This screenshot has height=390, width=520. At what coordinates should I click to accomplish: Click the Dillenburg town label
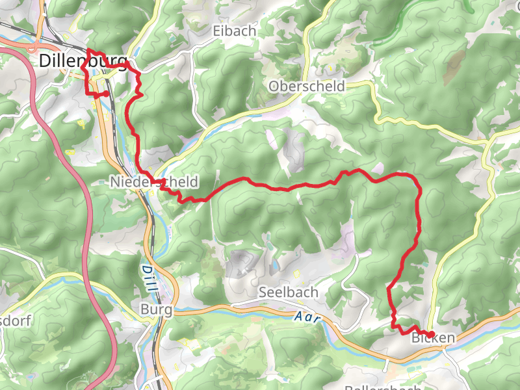[83, 61]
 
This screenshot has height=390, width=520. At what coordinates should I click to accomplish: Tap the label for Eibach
[235, 31]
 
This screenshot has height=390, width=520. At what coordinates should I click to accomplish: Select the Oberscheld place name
[307, 86]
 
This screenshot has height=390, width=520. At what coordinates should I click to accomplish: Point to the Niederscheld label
[153, 183]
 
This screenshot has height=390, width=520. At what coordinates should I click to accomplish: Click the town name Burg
[157, 310]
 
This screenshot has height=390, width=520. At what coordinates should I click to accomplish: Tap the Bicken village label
[433, 339]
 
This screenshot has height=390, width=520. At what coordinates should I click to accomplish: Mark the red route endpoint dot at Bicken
[431, 334]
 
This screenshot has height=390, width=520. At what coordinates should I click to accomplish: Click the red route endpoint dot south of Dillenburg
[106, 94]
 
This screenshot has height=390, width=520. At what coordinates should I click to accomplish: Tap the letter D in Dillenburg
[45, 61]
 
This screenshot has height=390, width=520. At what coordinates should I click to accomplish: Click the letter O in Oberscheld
[274, 86]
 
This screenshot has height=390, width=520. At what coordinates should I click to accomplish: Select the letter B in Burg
[144, 310]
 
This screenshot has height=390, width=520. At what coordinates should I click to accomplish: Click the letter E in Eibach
[217, 31]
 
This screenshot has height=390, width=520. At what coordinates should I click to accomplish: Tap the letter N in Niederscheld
[114, 183]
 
